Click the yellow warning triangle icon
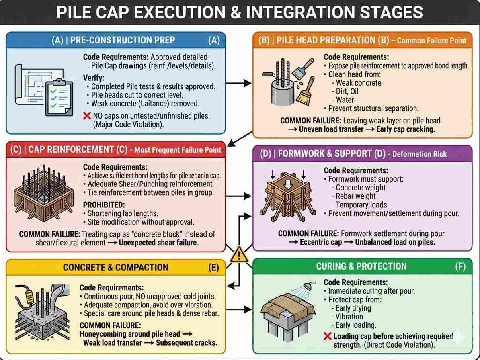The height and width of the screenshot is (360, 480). tap(239, 254)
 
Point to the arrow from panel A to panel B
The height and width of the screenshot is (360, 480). tap(239, 84)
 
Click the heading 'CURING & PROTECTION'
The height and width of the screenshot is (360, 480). tap(361, 266)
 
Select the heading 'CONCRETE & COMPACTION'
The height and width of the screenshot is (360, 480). tap(116, 268)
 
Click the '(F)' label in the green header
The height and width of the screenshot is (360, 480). tap(460, 266)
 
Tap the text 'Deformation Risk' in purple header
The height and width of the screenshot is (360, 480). tap(419, 153)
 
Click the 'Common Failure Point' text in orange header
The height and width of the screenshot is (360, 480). tap(432, 40)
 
